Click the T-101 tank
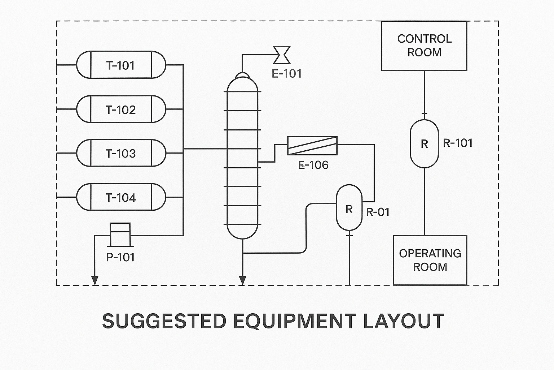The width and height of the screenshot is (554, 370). (121, 65)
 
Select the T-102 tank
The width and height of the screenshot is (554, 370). (121, 109)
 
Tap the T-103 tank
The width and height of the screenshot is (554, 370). (121, 153)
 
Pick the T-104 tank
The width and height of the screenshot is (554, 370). (121, 197)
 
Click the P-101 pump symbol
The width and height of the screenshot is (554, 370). (120, 234)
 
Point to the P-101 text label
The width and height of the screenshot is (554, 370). (120, 257)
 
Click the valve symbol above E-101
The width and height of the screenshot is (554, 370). (282, 55)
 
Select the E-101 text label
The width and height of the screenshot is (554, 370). (287, 74)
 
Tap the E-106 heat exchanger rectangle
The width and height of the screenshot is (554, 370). (312, 146)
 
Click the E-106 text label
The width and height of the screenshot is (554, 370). (314, 165)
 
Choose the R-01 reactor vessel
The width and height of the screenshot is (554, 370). (349, 208)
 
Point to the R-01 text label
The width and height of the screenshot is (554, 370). (378, 212)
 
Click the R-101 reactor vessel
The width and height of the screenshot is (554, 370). (425, 144)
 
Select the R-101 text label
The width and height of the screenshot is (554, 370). (458, 143)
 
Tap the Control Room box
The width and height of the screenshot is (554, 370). (424, 46)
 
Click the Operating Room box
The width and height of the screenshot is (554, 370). (430, 260)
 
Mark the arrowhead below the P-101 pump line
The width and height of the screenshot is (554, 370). (95, 280)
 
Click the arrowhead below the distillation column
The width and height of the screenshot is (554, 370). (243, 280)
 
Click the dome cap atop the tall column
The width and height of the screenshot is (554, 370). (242, 75)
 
